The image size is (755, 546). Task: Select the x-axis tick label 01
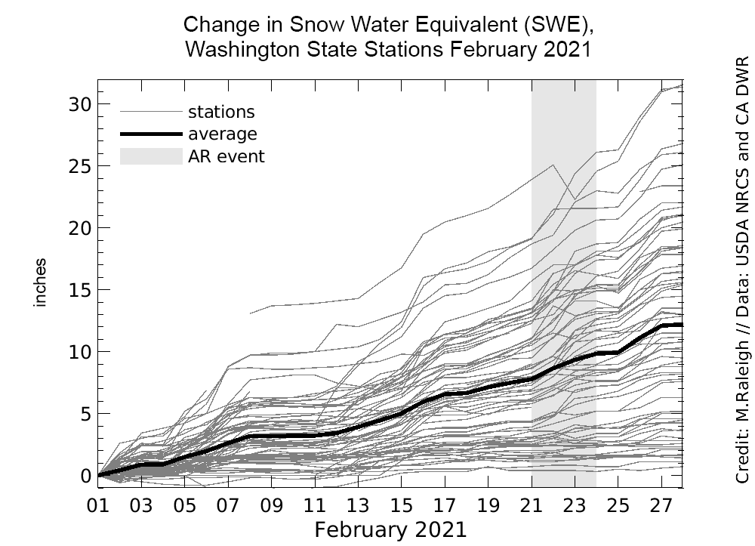(99, 504)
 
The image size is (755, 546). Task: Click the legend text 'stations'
(221, 113)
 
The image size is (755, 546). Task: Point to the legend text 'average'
(222, 134)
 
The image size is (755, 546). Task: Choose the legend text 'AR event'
(226, 157)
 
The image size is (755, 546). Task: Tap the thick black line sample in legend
(151, 134)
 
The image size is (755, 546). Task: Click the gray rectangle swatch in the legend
(151, 156)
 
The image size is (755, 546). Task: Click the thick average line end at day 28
(682, 325)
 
